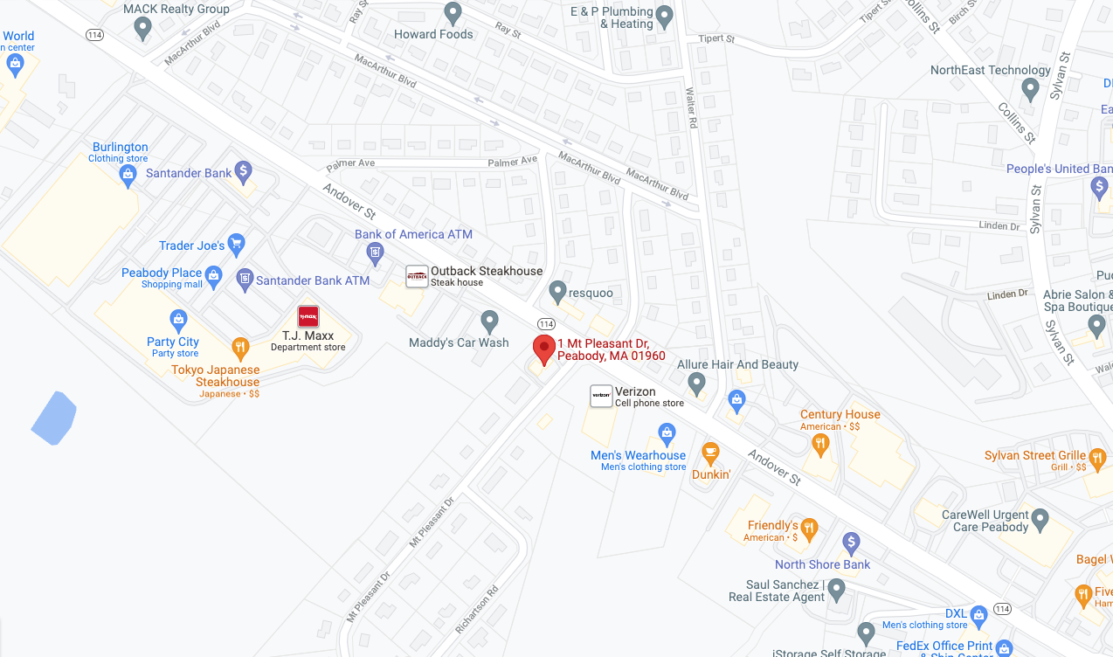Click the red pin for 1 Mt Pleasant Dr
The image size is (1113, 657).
point(544,349)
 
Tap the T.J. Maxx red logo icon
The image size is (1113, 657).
point(308,317)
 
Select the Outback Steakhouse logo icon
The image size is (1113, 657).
point(417,276)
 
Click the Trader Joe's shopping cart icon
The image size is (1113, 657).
point(236,245)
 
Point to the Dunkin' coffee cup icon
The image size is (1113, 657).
point(710,453)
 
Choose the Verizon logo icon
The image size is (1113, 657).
point(601,396)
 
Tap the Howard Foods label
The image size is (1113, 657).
point(433,34)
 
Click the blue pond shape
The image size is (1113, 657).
point(54,418)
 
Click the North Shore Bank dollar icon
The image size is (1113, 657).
point(852,543)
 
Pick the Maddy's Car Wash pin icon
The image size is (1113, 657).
point(489,322)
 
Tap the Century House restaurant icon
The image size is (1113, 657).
point(819,445)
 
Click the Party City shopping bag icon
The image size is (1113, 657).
point(179,319)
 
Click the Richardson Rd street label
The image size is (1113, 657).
point(478,609)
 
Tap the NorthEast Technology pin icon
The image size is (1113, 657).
point(1030,88)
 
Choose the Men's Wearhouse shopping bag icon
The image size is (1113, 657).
point(667,433)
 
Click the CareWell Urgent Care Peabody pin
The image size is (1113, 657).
point(1040,521)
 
